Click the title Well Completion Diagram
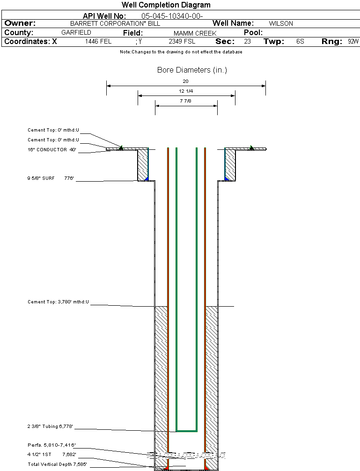tap(166, 5)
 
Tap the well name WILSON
tap(281, 23)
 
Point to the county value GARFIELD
tap(76, 33)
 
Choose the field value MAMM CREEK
tap(195, 33)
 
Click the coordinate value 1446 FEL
tap(98, 42)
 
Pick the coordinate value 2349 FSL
tap(182, 42)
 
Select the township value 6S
tap(300, 42)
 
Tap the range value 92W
tap(353, 42)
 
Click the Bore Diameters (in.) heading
tap(192, 70)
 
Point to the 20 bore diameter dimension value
tap(186, 81)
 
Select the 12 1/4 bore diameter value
tap(186, 91)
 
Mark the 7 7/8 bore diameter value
tap(186, 101)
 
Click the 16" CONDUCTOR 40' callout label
tap(51, 150)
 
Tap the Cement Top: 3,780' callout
tap(58, 302)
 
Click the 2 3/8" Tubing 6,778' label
tap(50, 427)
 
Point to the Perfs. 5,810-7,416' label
tap(51, 445)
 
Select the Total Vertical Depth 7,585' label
tap(57, 464)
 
